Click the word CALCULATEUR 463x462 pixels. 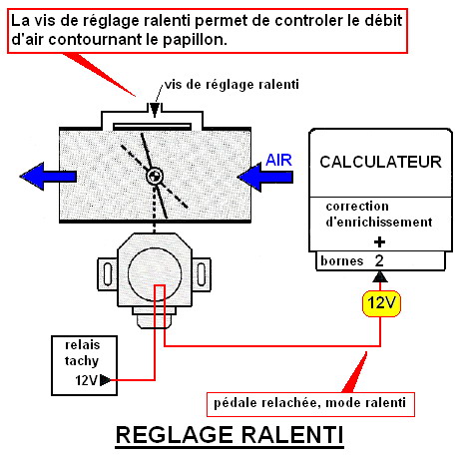[380, 162]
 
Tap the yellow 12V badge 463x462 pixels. [381, 303]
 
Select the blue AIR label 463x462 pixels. [278, 161]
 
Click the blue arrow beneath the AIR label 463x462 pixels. [265, 178]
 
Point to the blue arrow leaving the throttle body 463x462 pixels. [48, 177]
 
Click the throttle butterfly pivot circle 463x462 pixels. [155, 176]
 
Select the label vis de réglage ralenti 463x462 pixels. [231, 85]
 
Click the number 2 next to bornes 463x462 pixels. [379, 261]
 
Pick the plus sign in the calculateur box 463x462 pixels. [379, 242]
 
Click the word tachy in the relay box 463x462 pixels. [82, 361]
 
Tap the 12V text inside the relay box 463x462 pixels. [86, 380]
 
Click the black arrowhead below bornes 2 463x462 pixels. [380, 277]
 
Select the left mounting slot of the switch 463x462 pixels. [108, 274]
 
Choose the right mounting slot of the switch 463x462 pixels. [202, 274]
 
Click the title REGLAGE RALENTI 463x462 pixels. [230, 435]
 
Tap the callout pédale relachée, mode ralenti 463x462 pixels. [310, 404]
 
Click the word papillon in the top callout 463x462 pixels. [195, 40]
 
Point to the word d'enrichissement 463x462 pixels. [379, 222]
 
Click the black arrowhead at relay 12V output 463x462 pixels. [105, 380]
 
